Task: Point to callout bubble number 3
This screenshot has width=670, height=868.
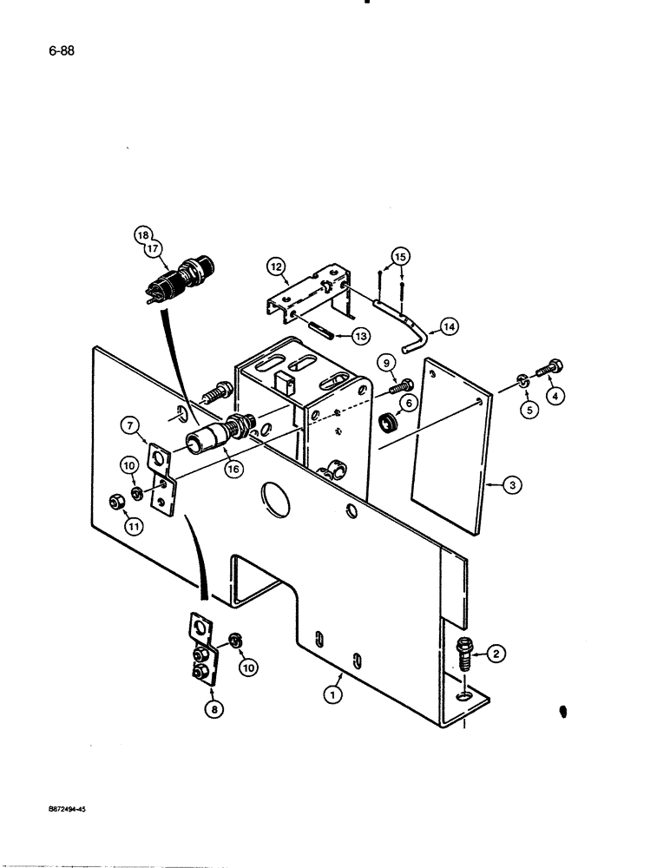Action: [x=513, y=487]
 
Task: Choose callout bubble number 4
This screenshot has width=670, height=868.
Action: [x=556, y=394]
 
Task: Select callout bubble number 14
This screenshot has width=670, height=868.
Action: [x=449, y=328]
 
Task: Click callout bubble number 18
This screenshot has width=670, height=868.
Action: [x=142, y=234]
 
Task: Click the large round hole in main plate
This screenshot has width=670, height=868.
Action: [x=277, y=501]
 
